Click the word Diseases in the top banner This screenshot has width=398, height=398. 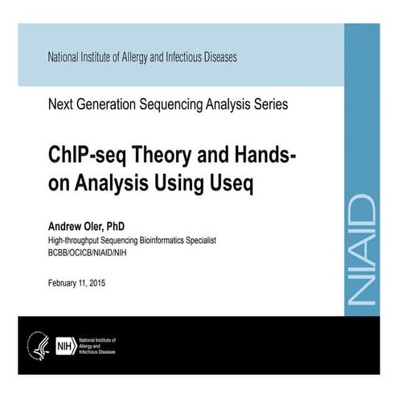[217, 58]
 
